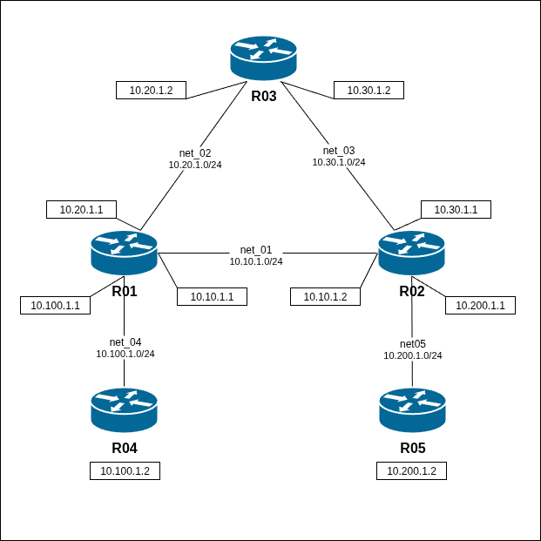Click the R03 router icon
[x=264, y=59]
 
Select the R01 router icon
[x=124, y=254]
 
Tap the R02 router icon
[x=412, y=254]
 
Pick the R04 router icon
[x=124, y=410]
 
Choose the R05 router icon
[x=413, y=410]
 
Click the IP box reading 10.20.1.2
[x=151, y=90]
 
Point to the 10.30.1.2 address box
[x=369, y=90]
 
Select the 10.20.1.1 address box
[x=81, y=209]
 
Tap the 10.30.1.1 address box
[x=456, y=209]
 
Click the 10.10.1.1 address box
[x=212, y=297]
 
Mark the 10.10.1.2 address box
[x=325, y=297]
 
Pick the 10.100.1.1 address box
[x=55, y=305]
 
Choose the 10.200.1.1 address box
[x=481, y=305]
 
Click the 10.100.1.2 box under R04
[x=125, y=470]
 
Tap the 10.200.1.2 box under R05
[x=411, y=470]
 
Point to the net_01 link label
[x=256, y=250]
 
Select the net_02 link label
[x=195, y=152]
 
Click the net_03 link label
[x=339, y=150]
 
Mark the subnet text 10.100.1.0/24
[x=125, y=354]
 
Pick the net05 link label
[x=413, y=343]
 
